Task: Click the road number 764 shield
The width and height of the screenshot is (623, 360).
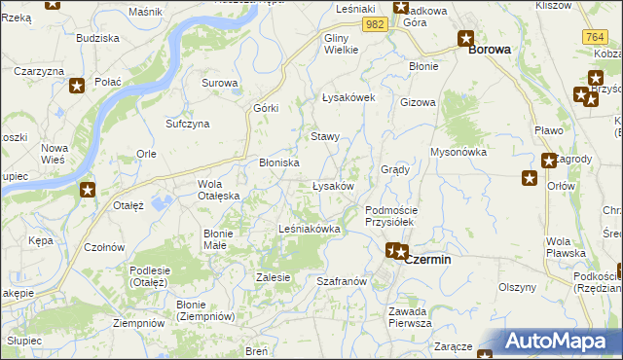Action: pyautogui.click(x=596, y=36)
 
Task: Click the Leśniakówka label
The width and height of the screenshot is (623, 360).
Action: pyautogui.click(x=309, y=229)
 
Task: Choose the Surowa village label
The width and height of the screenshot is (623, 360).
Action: pyautogui.click(x=220, y=83)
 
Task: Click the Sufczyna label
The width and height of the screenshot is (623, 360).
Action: pyautogui.click(x=188, y=125)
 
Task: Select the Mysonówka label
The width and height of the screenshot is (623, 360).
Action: pyautogui.click(x=458, y=152)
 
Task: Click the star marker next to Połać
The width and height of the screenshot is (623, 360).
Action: pyautogui.click(x=78, y=85)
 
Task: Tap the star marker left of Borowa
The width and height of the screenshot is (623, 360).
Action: pyautogui.click(x=465, y=39)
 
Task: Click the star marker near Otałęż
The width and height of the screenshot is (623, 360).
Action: pyautogui.click(x=88, y=190)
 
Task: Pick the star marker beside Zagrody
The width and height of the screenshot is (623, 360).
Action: pyautogui.click(x=548, y=161)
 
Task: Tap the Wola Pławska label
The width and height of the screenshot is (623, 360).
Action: pyautogui.click(x=566, y=247)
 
